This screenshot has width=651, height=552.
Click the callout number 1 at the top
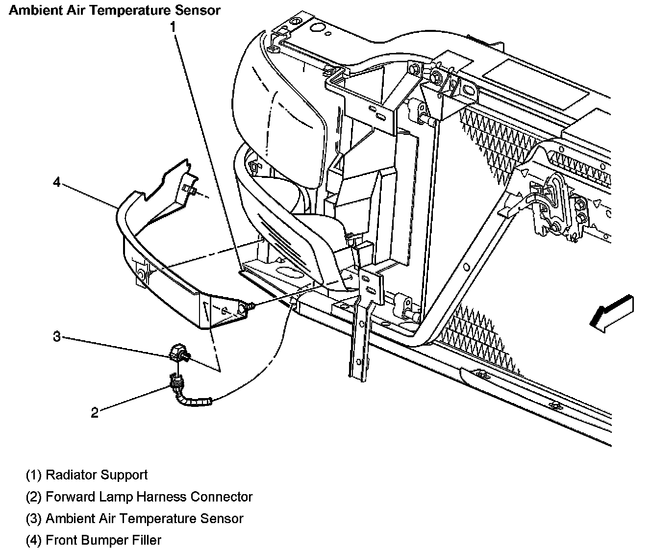pos(172,27)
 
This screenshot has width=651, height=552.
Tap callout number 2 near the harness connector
pos(95,412)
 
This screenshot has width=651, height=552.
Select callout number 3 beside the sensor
pos(57,337)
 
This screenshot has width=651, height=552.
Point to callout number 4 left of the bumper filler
pos(57,182)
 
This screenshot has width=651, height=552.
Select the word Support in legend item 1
pos(124,475)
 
